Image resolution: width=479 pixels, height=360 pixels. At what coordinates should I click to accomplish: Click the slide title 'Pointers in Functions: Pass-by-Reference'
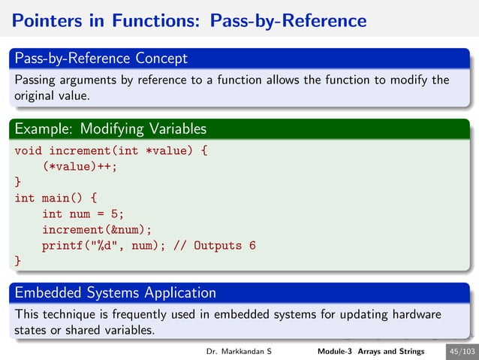pos(188,20)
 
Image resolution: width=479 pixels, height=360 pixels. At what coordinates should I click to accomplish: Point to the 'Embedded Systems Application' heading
pos(115,292)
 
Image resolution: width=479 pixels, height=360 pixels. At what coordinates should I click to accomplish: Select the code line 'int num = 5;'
pos(83,214)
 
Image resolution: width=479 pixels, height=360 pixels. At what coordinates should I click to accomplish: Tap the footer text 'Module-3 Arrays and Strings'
pos(370,352)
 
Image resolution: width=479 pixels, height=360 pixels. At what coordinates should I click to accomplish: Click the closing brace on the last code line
pos(18,261)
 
